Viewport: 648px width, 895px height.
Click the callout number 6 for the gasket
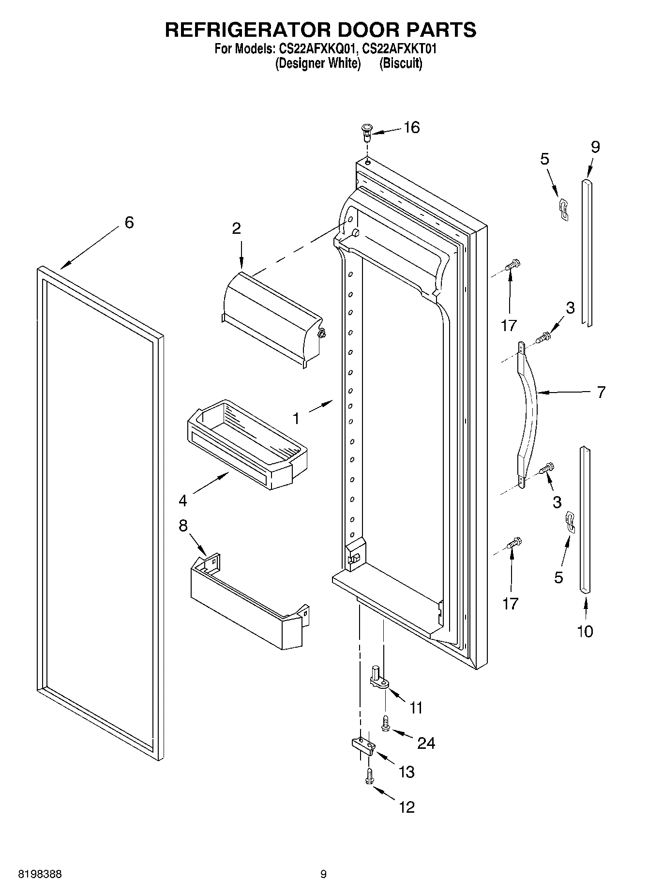[x=129, y=223]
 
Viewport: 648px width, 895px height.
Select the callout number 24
[x=426, y=743]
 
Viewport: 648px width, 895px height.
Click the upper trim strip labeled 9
[x=587, y=252]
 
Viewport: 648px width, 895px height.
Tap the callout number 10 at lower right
[x=585, y=631]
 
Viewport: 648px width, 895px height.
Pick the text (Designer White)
[x=318, y=63]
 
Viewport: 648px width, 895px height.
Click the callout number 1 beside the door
[x=296, y=418]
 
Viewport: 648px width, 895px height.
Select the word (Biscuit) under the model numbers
[x=401, y=63]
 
